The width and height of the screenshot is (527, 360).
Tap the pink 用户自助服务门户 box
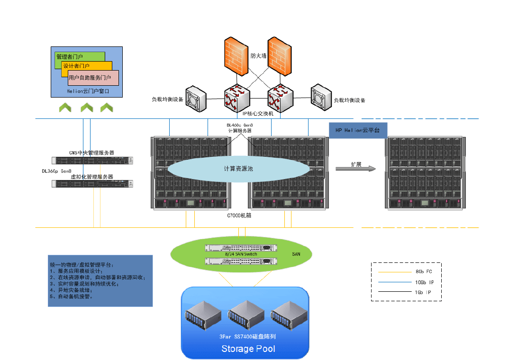(x=93, y=77)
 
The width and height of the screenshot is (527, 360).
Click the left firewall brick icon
(x=235, y=56)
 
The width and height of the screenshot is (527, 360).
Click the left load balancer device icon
(x=196, y=98)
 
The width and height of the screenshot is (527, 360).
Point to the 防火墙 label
(x=258, y=56)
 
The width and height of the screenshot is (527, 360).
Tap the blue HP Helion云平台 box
(x=358, y=130)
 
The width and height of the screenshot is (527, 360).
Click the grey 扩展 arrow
(x=356, y=168)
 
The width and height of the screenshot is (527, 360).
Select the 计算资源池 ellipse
(x=239, y=169)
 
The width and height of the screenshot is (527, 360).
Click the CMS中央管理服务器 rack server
(x=92, y=160)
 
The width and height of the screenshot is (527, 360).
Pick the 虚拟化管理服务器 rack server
(x=92, y=183)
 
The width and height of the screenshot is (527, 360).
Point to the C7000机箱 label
(x=239, y=216)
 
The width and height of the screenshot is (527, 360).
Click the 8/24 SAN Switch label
(x=241, y=254)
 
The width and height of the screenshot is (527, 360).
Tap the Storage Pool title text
(x=248, y=349)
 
